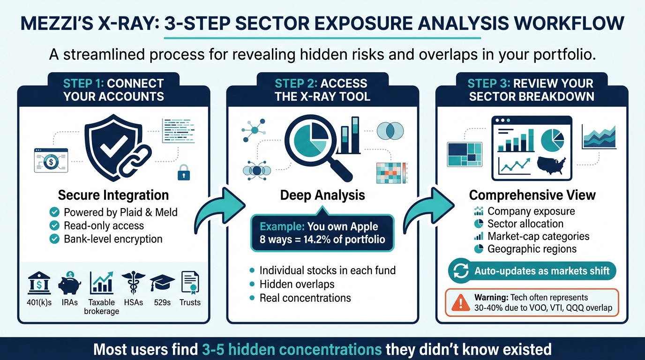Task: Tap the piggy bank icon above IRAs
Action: click(x=70, y=284)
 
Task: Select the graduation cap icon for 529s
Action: click(x=162, y=283)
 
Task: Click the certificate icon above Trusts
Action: click(x=190, y=283)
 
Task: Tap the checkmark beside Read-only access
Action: click(x=54, y=225)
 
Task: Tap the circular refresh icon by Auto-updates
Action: click(x=459, y=271)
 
